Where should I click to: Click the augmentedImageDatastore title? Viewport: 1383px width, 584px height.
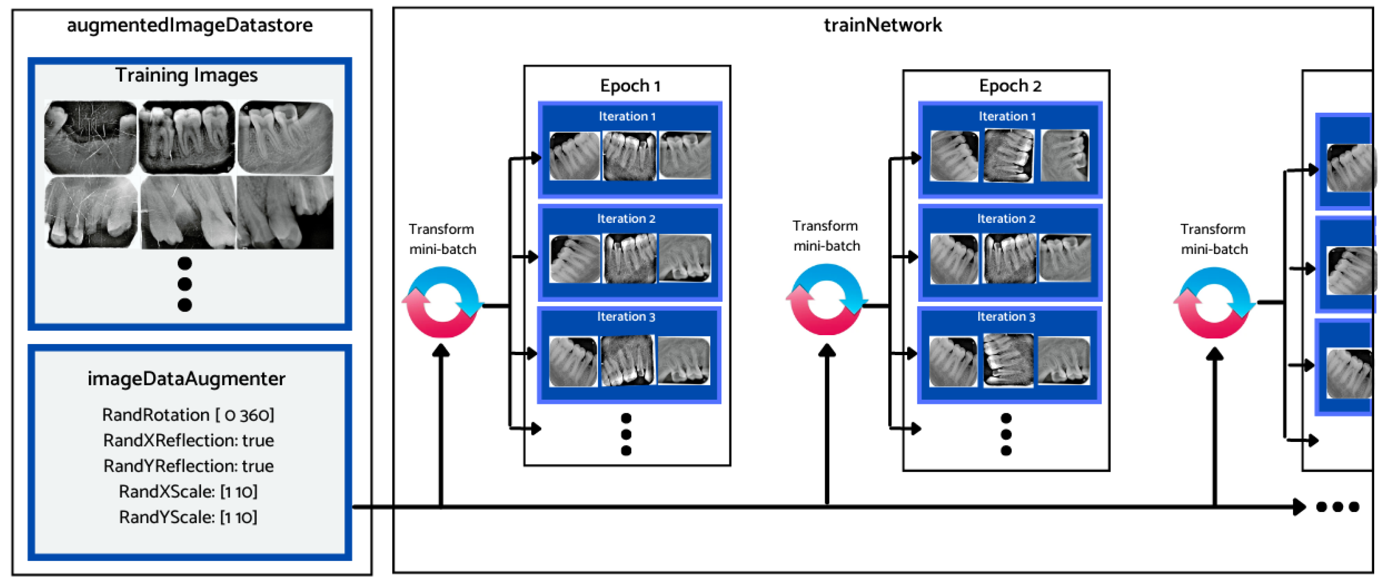pyautogui.click(x=189, y=25)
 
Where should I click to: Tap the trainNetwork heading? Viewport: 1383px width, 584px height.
pyautogui.click(x=882, y=25)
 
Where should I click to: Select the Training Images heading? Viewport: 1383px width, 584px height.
pyautogui.click(x=186, y=75)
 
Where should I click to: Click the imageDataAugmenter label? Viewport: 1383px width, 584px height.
pyautogui.click(x=186, y=379)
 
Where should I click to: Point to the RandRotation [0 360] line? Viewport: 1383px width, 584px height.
pyautogui.click(x=188, y=415)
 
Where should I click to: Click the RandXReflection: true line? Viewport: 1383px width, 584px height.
pyautogui.click(x=188, y=441)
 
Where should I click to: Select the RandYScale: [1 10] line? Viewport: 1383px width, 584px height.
pyautogui.click(x=188, y=518)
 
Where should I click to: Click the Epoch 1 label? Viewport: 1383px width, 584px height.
pyautogui.click(x=630, y=86)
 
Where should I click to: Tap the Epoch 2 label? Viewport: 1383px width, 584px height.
pyautogui.click(x=1009, y=86)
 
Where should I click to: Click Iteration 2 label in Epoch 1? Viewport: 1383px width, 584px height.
pyautogui.click(x=626, y=219)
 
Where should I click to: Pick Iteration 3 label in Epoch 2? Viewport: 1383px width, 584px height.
pyautogui.click(x=1006, y=317)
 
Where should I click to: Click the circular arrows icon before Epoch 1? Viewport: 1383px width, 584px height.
pyautogui.click(x=442, y=303)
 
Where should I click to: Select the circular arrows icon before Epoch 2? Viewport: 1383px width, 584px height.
pyautogui.click(x=826, y=299)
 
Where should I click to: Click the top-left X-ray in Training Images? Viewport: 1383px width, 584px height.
pyautogui.click(x=90, y=137)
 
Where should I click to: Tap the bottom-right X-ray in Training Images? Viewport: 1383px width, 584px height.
pyautogui.click(x=285, y=213)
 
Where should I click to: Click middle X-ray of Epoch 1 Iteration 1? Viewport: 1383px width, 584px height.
pyautogui.click(x=629, y=156)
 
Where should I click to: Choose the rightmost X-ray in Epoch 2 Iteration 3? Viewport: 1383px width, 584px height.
pyautogui.click(x=1064, y=360)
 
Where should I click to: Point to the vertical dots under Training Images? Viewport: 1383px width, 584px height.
pyautogui.click(x=185, y=284)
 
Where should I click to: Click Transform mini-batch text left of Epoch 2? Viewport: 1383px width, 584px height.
pyautogui.click(x=826, y=236)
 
